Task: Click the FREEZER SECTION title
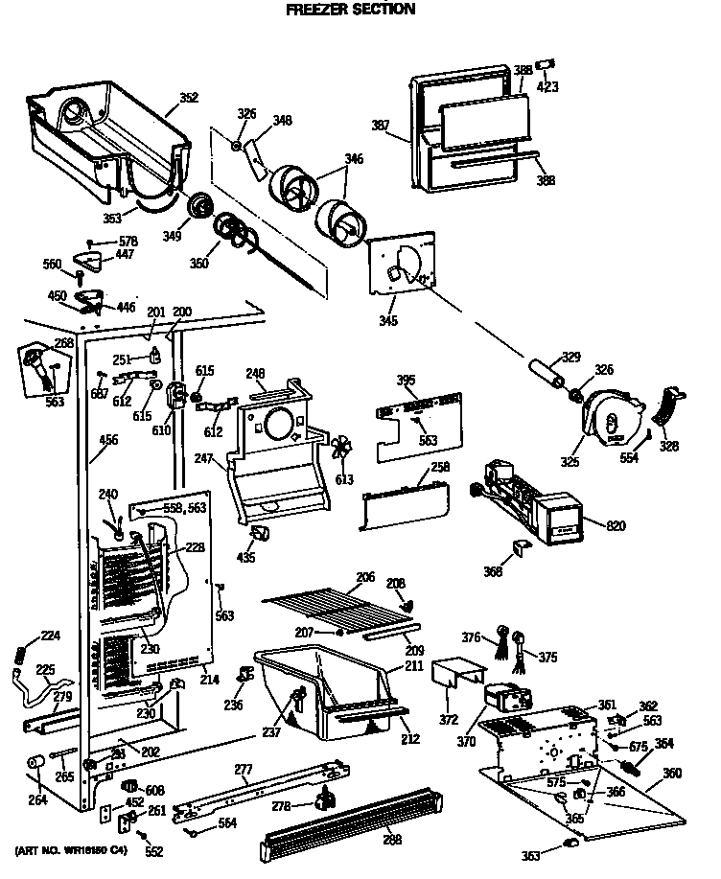pos(351,10)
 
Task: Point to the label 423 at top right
pos(548,87)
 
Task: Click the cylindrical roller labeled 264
pos(36,764)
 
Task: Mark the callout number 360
pos(672,772)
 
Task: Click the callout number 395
pos(406,381)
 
